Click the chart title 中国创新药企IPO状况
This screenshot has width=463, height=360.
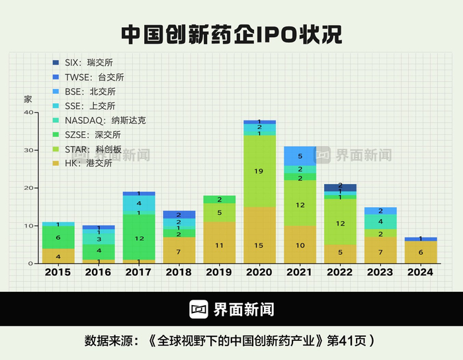(232, 34)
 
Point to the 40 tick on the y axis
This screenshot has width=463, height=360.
(28, 112)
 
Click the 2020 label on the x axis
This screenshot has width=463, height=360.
(259, 272)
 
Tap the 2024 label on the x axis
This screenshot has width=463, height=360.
(421, 272)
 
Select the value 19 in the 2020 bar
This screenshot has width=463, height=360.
(259, 171)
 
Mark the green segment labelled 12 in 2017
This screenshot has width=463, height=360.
(138, 238)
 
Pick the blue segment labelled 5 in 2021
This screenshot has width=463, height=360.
(300, 156)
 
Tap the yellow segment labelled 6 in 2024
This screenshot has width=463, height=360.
(421, 252)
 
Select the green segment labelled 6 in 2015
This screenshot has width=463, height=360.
(58, 238)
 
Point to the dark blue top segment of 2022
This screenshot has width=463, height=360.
(340, 187)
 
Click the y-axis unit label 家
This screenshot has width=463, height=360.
(28, 99)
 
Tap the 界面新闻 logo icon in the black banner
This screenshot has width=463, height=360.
(199, 309)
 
